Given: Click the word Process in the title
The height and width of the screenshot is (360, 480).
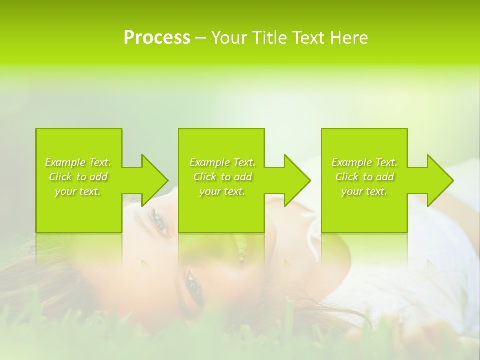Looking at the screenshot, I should pos(157,38).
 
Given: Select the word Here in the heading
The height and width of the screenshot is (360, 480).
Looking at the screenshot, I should pos(349,38).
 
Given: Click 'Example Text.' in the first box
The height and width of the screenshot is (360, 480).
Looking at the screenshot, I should pos(78,162).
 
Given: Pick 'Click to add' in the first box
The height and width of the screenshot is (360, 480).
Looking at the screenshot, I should pos(78,177).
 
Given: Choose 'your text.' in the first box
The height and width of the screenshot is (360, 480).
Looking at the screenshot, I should pos(78,191).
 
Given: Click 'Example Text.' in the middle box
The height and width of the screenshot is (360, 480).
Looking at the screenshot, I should pos(222,162).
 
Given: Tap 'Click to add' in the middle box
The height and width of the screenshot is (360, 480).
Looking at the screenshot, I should pos(222,177).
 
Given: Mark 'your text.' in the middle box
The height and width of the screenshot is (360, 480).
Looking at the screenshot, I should pos(222,191).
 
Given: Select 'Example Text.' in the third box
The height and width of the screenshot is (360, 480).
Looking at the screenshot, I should pos(364,162).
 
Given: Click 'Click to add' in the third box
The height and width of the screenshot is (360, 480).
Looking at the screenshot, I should pos(364,177).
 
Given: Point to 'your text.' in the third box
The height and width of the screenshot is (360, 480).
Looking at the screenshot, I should pos(364,191).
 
